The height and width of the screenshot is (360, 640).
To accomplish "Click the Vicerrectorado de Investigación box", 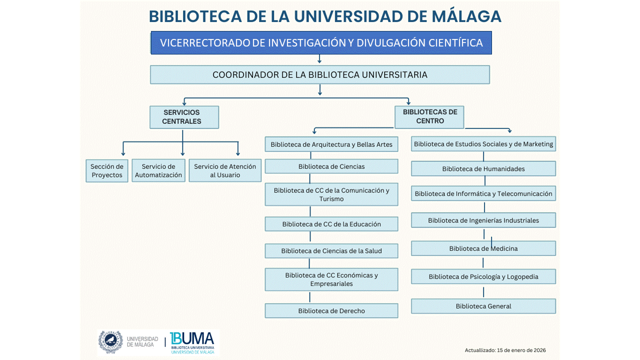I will (321, 43).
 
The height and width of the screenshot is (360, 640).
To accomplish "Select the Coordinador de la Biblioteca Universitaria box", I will (320, 75).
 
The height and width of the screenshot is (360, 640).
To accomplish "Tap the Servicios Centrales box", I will (184, 117).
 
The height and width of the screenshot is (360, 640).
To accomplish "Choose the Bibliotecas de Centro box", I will (429, 116).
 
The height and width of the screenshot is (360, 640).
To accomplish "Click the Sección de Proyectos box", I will (107, 171).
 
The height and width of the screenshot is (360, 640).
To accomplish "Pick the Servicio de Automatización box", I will (158, 171).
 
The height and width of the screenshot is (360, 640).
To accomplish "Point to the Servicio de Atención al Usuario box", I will (225, 171).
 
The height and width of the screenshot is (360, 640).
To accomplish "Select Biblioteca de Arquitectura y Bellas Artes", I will (331, 144).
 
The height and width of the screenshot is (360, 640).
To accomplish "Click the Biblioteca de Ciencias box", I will (331, 166).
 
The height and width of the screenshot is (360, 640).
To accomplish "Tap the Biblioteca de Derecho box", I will (331, 311).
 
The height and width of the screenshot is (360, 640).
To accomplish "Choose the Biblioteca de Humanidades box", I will (483, 169).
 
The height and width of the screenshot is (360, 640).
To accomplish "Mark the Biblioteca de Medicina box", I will (483, 248).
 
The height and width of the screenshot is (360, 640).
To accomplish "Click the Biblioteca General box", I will (483, 306).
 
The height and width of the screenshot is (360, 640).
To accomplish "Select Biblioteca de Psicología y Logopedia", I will (483, 276).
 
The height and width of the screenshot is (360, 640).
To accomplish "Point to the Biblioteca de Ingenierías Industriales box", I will (483, 220).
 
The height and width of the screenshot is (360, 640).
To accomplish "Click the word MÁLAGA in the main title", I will (465, 16).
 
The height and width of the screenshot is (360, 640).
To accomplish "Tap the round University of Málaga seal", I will (110, 342).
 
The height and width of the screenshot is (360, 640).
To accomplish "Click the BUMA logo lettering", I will (192, 338).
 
